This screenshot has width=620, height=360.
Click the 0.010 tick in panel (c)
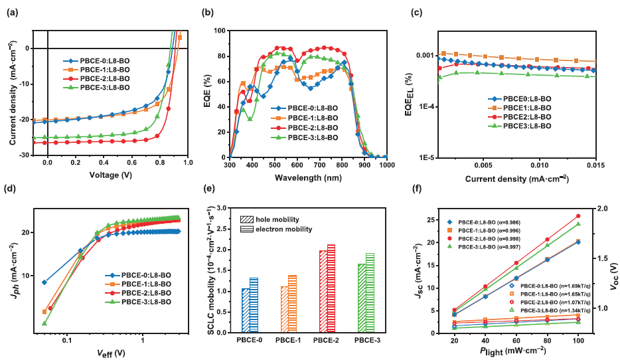(x=540, y=164)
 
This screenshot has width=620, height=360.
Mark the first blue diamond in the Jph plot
(x=44, y=282)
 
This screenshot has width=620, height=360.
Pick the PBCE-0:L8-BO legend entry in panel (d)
(x=136, y=275)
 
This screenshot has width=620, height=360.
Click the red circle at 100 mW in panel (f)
(x=578, y=216)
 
